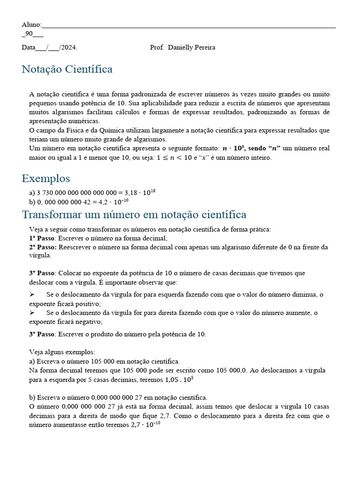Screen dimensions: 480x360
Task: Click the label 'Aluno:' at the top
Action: (x=31, y=24)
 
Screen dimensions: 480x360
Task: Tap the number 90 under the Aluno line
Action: (x=29, y=33)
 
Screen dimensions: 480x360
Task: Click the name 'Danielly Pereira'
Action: (x=191, y=47)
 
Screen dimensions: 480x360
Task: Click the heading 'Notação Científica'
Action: (x=67, y=69)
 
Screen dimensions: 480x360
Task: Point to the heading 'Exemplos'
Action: (x=46, y=179)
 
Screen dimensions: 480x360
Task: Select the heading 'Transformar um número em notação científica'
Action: (x=134, y=215)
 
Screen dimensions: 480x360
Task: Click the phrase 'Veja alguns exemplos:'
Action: (x=62, y=352)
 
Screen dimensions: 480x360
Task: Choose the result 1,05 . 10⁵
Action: (x=180, y=379)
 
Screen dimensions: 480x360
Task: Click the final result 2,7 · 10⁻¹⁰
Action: (x=146, y=425)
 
